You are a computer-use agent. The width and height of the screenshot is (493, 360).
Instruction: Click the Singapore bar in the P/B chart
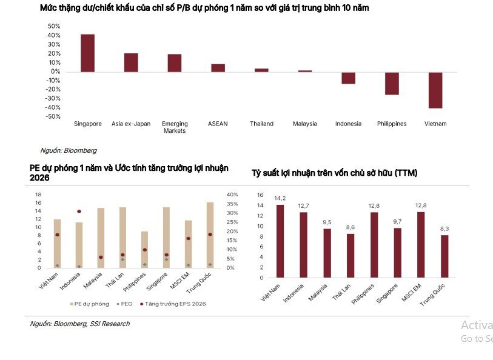[87, 53]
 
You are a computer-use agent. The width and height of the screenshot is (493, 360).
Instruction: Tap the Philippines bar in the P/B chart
[392, 83]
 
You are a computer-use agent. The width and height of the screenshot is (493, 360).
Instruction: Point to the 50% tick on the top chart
[53, 27]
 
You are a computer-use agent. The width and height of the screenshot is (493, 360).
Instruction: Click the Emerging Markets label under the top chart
[175, 127]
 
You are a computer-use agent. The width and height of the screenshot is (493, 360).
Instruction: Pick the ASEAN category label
[218, 124]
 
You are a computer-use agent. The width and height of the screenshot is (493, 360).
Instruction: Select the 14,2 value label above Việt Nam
[280, 198]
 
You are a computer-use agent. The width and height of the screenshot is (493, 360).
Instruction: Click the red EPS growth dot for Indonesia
[79, 212]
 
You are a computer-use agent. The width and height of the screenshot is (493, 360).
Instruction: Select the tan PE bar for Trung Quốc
[210, 235]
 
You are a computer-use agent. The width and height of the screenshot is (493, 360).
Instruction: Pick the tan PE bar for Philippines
[144, 249]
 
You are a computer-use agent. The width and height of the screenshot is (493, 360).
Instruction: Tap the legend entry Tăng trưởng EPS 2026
[175, 304]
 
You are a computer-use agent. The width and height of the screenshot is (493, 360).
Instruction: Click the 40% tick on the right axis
[232, 195]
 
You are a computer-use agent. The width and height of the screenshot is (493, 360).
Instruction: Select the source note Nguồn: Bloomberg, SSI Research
[79, 324]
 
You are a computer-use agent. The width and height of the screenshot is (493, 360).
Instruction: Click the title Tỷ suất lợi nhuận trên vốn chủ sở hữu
[334, 173]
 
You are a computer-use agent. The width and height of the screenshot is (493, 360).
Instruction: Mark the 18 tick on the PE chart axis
[38, 195]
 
